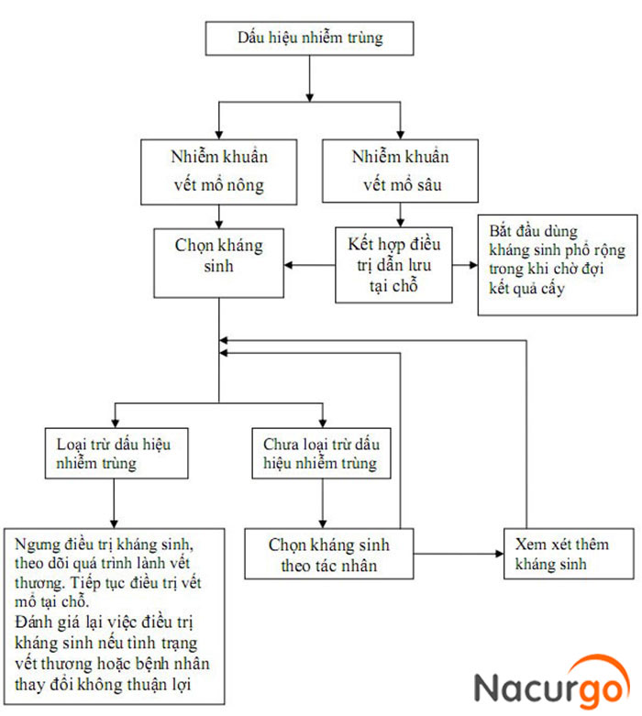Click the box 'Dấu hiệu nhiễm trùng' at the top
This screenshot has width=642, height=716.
click(x=309, y=39)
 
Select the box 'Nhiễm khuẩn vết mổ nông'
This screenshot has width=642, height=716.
click(x=219, y=171)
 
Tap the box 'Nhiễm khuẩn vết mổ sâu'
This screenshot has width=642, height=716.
click(x=400, y=171)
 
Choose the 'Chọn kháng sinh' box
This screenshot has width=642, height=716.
click(x=219, y=263)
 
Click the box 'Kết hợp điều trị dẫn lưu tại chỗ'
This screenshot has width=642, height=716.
click(x=393, y=265)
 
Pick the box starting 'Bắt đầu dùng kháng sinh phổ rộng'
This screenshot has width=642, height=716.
click(x=558, y=265)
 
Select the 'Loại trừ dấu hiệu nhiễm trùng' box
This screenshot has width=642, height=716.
click(x=116, y=453)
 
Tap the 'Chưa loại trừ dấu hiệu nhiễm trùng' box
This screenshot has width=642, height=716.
click(x=321, y=453)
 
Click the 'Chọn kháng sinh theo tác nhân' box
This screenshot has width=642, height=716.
click(x=329, y=554)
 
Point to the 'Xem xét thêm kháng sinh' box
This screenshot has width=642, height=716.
click(x=569, y=554)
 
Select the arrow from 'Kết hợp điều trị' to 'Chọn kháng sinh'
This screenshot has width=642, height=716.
click(x=310, y=265)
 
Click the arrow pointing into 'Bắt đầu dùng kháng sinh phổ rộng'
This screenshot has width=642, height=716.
click(x=465, y=265)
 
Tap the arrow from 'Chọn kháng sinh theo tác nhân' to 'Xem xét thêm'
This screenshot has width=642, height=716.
click(x=459, y=554)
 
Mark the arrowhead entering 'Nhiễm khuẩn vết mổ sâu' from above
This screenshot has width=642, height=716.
click(x=400, y=135)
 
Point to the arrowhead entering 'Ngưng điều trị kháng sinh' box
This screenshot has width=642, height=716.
click(x=114, y=524)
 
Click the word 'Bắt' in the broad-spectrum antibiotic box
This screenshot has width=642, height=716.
click(x=500, y=231)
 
